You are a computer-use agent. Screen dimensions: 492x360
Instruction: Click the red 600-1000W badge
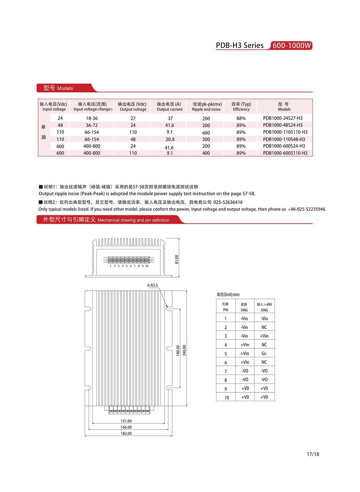click(291, 45)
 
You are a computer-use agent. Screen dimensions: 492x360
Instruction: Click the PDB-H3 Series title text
click(240, 45)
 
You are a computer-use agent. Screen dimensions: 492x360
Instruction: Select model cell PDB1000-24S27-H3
click(283, 118)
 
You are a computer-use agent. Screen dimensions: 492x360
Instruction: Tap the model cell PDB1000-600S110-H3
click(285, 153)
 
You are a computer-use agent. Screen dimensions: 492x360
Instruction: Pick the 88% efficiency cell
click(241, 118)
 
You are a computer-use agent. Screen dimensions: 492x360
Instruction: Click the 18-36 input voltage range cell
click(92, 118)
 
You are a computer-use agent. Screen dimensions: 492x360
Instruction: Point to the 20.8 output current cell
click(170, 140)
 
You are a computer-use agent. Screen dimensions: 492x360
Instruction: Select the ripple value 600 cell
click(206, 133)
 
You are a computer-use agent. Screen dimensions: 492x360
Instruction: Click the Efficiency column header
click(241, 107)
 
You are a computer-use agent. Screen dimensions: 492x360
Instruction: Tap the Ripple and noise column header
click(206, 107)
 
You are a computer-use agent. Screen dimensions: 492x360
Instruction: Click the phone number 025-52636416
click(228, 202)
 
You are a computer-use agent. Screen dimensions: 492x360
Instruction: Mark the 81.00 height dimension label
click(177, 259)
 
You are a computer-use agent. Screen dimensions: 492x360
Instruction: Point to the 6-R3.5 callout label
click(153, 286)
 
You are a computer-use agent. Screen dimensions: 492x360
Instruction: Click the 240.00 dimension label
click(184, 350)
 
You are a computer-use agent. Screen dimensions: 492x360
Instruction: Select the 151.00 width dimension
click(126, 421)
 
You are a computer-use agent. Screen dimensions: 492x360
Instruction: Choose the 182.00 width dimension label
click(126, 434)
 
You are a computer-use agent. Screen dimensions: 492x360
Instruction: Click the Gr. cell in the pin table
click(264, 354)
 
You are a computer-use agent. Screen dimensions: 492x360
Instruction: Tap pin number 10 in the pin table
click(227, 398)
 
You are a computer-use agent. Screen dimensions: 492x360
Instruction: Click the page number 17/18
click(313, 454)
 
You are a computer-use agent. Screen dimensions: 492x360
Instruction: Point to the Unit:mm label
click(228, 294)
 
